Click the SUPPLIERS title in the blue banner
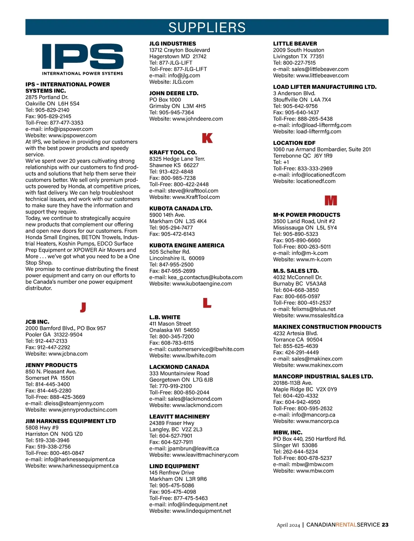tap(207, 27)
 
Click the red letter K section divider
tap(207, 138)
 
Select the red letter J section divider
tap(83, 307)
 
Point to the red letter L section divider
tap(207, 303)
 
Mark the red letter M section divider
tap(331, 200)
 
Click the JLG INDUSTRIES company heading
tap(172, 43)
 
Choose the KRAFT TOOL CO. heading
tap(173, 152)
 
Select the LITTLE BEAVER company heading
tap(295, 43)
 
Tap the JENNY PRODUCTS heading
tap(51, 365)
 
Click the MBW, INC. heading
tap(288, 432)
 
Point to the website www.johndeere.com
tap(198, 119)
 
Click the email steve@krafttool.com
tap(193, 190)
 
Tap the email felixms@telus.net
tap(313, 309)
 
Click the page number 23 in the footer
tap(385, 524)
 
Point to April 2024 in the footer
tap(288, 525)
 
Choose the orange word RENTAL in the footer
tap(346, 524)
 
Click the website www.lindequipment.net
tap(201, 511)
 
